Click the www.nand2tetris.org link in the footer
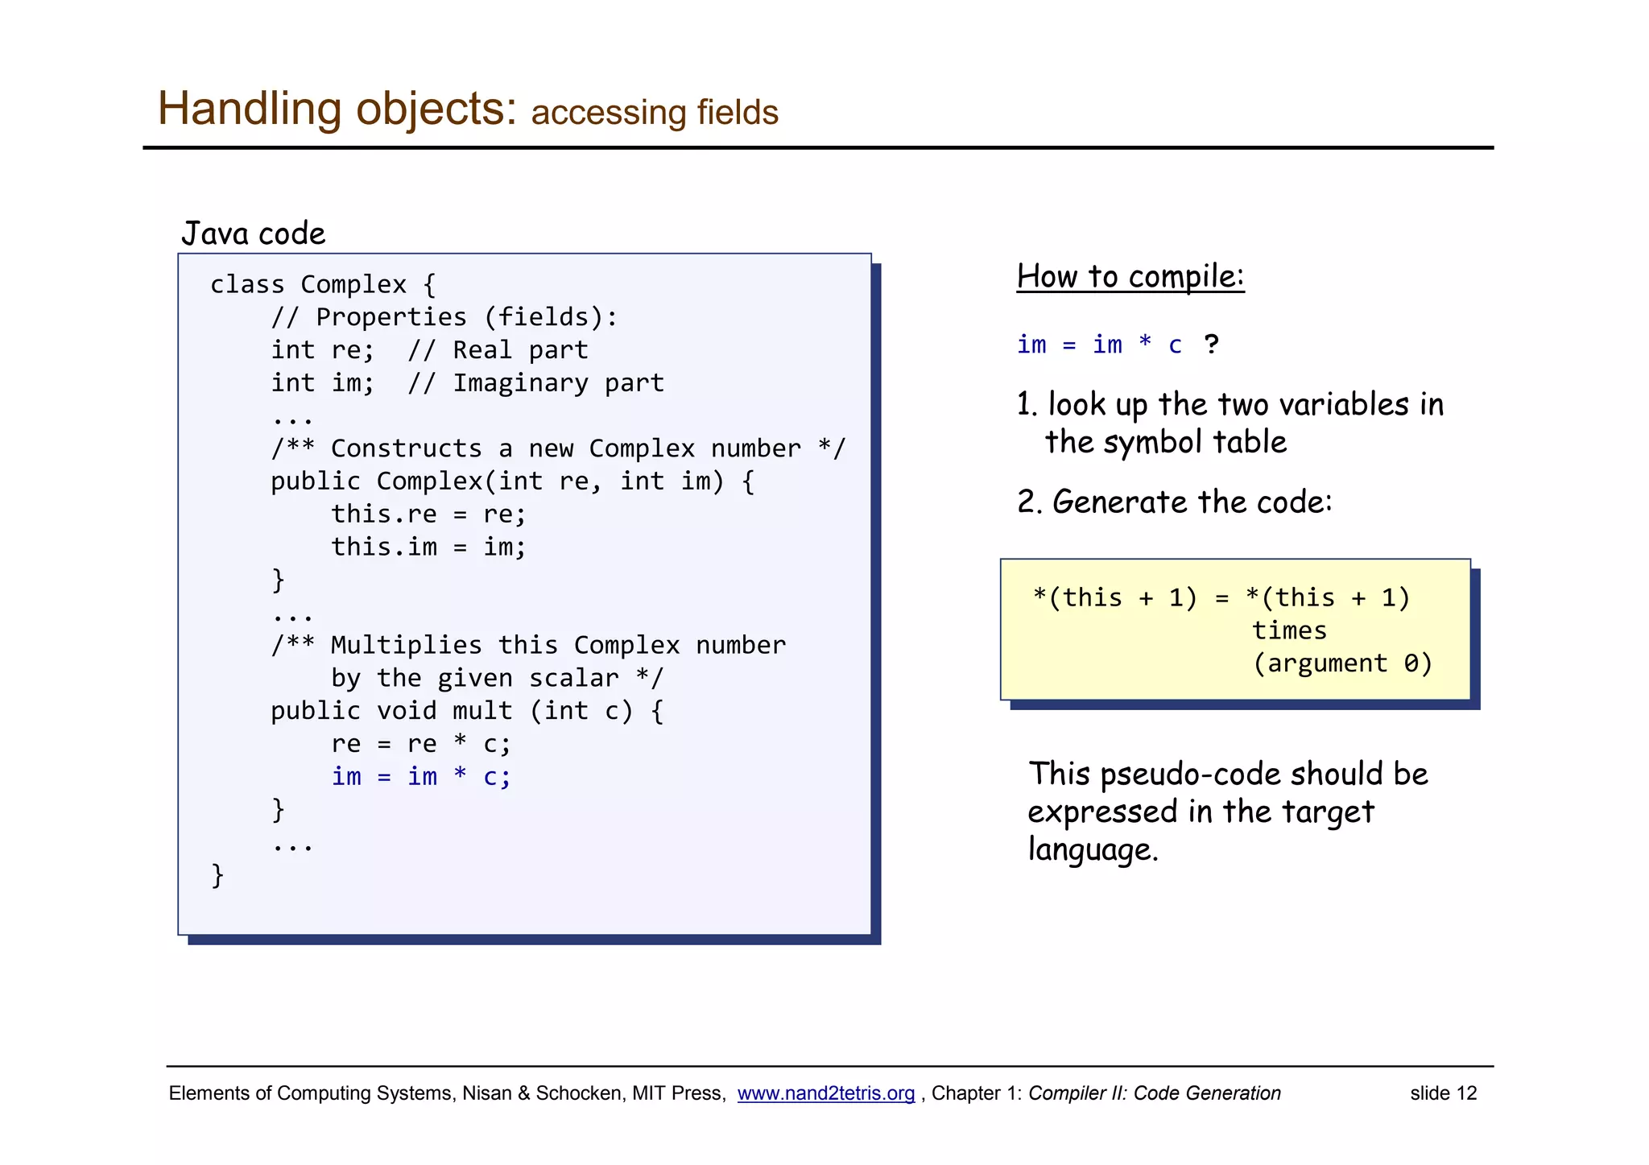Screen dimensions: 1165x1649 coord(825,1093)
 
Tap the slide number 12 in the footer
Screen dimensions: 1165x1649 coord(1443,1093)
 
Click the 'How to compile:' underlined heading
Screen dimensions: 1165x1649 coord(1130,277)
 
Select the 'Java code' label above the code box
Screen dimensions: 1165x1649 coord(254,233)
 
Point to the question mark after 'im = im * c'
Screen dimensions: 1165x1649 coord(1211,345)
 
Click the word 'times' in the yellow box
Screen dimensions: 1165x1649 coord(1289,630)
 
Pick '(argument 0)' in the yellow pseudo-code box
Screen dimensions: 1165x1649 coord(1342,663)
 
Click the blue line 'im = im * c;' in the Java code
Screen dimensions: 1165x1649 coord(421,777)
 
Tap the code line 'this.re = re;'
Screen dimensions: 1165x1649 coord(428,514)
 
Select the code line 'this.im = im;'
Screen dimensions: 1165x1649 coord(428,547)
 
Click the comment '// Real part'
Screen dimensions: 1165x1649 coord(498,350)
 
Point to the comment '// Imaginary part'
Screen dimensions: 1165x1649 coord(535,383)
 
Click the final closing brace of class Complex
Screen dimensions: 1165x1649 coord(217,875)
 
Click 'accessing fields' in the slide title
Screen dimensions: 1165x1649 coord(655,113)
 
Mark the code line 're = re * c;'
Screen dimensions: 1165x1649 coord(421,744)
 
